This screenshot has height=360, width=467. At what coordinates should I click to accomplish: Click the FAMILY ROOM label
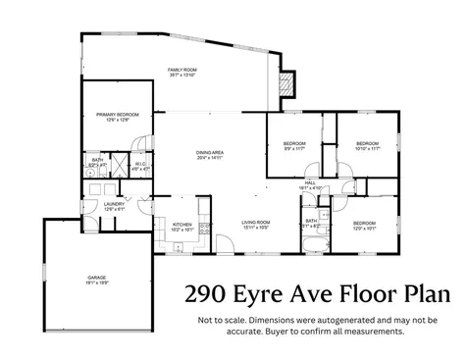tap(182, 70)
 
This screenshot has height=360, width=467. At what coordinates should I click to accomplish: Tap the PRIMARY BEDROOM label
tap(118, 115)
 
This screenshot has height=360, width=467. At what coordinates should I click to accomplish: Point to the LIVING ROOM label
tap(256, 222)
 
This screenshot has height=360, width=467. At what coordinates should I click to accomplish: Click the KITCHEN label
tap(182, 225)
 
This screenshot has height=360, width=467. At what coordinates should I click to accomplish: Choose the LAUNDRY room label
tap(115, 205)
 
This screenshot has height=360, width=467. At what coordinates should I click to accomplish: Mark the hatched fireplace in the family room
tap(287, 84)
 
